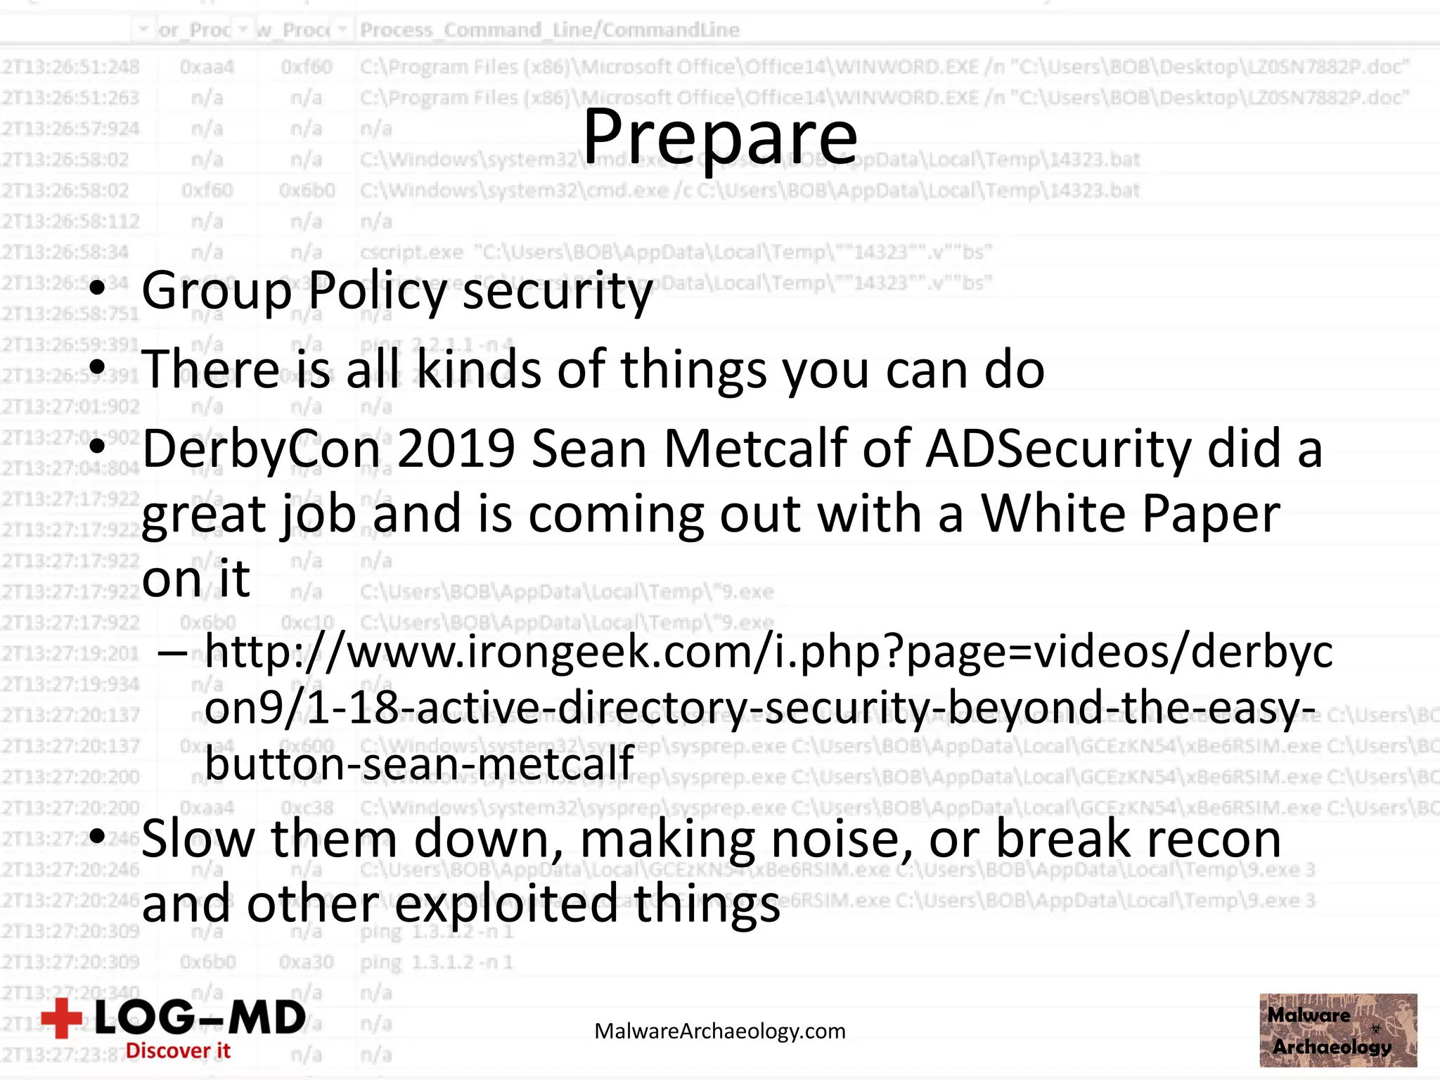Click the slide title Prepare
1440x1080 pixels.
coord(720,137)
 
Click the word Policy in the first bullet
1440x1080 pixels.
coord(377,290)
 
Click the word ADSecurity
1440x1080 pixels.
coord(1059,449)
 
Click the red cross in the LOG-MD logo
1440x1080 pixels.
coord(62,1018)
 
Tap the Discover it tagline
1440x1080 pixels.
coord(178,1050)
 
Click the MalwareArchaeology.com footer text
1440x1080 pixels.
coord(720,1031)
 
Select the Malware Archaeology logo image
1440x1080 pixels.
coord(1338,1030)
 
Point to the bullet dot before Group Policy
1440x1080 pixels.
coord(98,288)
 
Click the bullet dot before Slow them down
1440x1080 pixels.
coord(98,837)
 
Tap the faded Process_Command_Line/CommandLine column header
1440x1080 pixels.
coord(550,30)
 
